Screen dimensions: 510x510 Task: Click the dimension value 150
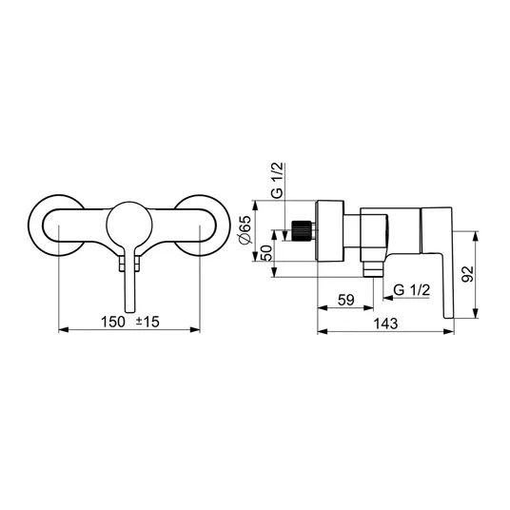(x=112, y=322)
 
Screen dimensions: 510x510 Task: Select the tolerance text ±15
(x=147, y=322)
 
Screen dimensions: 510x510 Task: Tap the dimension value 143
(x=385, y=324)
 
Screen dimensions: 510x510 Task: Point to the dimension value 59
(x=345, y=300)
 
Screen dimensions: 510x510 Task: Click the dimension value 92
(x=468, y=274)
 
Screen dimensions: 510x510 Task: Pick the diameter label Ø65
(x=245, y=229)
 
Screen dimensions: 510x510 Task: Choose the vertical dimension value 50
(x=266, y=253)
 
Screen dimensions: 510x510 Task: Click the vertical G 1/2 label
(x=278, y=180)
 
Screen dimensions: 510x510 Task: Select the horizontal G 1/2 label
(x=411, y=289)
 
